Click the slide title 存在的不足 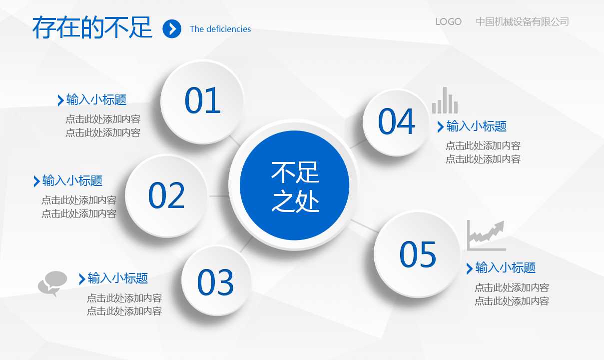pyautogui.click(x=92, y=27)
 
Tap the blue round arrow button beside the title pyautogui.click(x=172, y=29)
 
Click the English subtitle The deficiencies pyautogui.click(x=220, y=29)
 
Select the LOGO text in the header pyautogui.click(x=448, y=22)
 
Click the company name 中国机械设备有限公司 pyautogui.click(x=522, y=22)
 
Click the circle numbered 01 pyautogui.click(x=202, y=101)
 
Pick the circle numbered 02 pyautogui.click(x=166, y=195)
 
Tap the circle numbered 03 pyautogui.click(x=215, y=281)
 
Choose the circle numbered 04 pyautogui.click(x=396, y=122)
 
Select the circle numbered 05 pyautogui.click(x=417, y=254)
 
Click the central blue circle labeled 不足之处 pyautogui.click(x=294, y=185)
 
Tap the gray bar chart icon pyautogui.click(x=445, y=101)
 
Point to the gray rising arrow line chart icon pyautogui.click(x=486, y=235)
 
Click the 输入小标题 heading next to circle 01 pyautogui.click(x=96, y=99)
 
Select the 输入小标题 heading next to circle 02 pyautogui.click(x=72, y=180)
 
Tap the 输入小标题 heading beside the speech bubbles pyautogui.click(x=117, y=278)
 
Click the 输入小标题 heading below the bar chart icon pyautogui.click(x=476, y=126)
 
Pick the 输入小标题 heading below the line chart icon pyautogui.click(x=505, y=268)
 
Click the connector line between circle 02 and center pyautogui.click(x=219, y=196)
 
